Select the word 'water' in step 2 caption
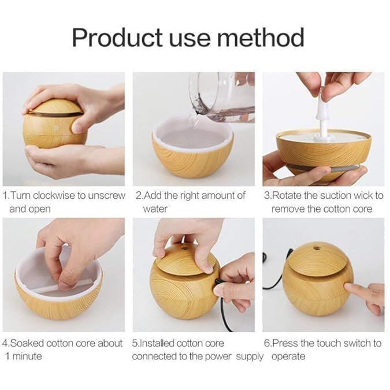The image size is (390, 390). [x=155, y=208]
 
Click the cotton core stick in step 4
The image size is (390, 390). [x=69, y=284]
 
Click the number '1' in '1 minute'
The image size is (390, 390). [x=6, y=356]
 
